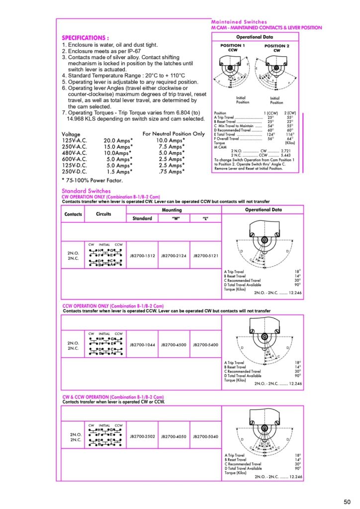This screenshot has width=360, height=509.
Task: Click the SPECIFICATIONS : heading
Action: [85, 38]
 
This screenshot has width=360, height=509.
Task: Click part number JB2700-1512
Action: [143, 255]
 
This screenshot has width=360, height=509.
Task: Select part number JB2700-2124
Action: [174, 255]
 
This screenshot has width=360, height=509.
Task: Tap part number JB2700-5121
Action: [205, 255]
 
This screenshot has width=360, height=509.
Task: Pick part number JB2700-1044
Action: [143, 344]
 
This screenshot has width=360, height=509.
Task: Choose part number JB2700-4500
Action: [174, 344]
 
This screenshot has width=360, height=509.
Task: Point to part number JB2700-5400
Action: [205, 344]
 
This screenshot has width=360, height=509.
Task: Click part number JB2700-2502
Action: [143, 436]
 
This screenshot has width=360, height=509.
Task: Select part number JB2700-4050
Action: [174, 436]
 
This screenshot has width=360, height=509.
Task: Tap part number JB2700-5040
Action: [205, 436]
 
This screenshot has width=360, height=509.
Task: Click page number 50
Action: [347, 501]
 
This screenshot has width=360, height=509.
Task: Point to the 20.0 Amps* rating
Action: [118, 141]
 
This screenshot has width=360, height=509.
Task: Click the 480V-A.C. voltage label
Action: [74, 153]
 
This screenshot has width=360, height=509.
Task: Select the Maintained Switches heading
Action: [239, 22]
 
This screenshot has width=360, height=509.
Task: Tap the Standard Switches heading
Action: [86, 191]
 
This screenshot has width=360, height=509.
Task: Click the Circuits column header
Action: [104, 214]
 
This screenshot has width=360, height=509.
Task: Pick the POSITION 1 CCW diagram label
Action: [233, 48]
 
